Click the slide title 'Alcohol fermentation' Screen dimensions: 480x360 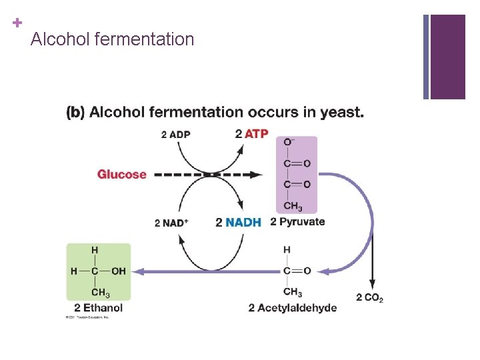112,40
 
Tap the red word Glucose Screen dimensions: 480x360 121,175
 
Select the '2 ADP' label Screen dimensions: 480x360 175,135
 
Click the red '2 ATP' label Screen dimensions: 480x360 252,133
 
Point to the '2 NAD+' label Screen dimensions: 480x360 171,223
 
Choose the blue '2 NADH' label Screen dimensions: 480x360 239,223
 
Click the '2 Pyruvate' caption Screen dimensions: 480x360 297,222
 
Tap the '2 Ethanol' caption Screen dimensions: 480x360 99,307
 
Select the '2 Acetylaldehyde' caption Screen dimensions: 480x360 293,307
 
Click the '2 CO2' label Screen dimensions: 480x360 369,297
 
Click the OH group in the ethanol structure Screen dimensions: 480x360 118,271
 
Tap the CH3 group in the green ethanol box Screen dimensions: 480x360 100,292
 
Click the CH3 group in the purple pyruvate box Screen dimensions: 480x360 292,205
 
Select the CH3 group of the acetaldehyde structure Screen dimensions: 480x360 292,292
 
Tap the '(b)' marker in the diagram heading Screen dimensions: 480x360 75,112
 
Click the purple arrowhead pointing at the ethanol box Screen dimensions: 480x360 139,271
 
